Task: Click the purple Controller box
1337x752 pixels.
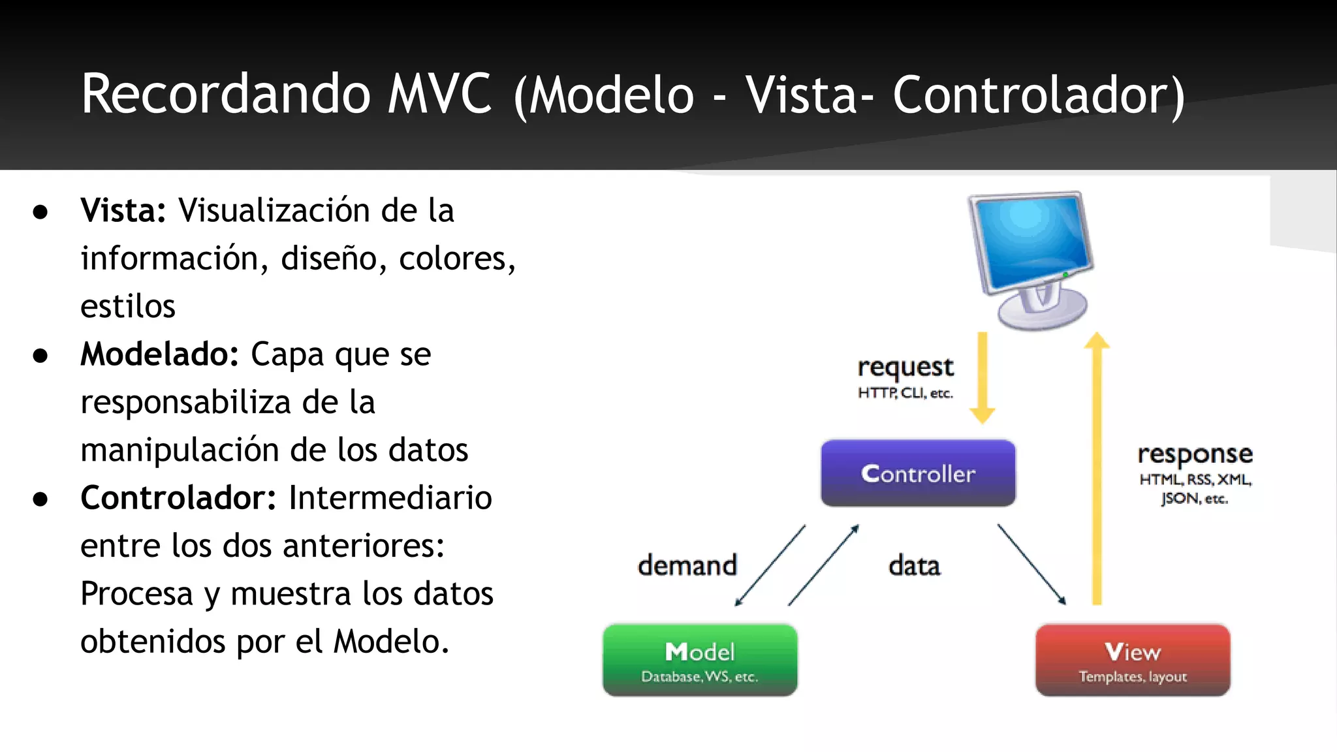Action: (x=918, y=473)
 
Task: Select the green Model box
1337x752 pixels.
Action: (x=700, y=660)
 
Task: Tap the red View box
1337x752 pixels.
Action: (x=1133, y=660)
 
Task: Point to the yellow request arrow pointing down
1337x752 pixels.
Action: (x=982, y=379)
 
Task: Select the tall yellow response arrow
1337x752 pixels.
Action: (x=1097, y=470)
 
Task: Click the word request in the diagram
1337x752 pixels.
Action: (x=905, y=368)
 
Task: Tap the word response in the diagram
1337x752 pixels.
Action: (x=1195, y=454)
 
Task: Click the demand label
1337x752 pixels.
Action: (x=687, y=565)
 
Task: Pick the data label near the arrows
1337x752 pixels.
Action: (x=914, y=565)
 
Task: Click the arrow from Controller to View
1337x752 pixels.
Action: (x=1031, y=564)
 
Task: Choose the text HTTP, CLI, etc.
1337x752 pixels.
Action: (x=905, y=393)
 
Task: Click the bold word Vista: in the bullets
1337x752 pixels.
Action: (x=123, y=210)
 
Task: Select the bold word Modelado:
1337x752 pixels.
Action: (x=159, y=354)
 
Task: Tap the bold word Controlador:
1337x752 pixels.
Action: (x=178, y=497)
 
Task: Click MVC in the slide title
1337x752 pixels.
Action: (x=439, y=94)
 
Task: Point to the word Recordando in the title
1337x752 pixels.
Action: (x=226, y=94)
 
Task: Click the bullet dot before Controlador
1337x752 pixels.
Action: (x=40, y=499)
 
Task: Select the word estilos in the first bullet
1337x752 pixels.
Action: (x=128, y=306)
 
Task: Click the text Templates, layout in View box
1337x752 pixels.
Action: (x=1133, y=677)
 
